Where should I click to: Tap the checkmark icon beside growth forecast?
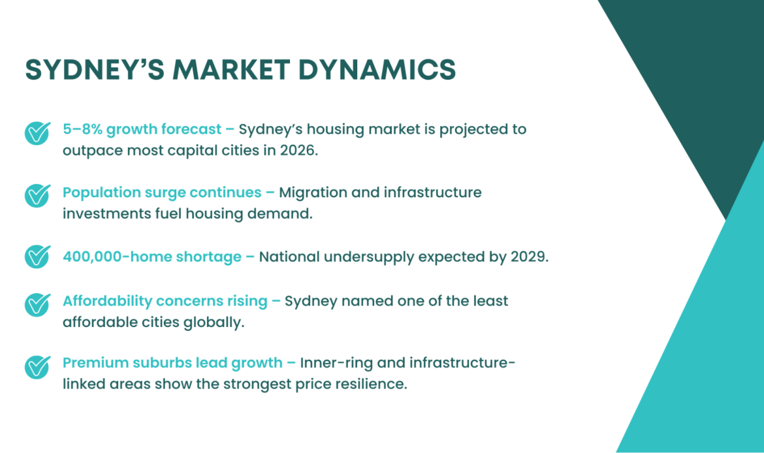pos(37,133)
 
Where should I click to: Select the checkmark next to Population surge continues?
pos(37,195)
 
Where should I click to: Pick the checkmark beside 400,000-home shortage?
pos(37,257)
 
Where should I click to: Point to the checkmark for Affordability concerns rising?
pos(37,304)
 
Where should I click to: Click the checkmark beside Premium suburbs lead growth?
pos(37,366)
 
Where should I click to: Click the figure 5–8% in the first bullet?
pos(82,129)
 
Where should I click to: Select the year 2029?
pos(528,257)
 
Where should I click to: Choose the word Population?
pos(102,193)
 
